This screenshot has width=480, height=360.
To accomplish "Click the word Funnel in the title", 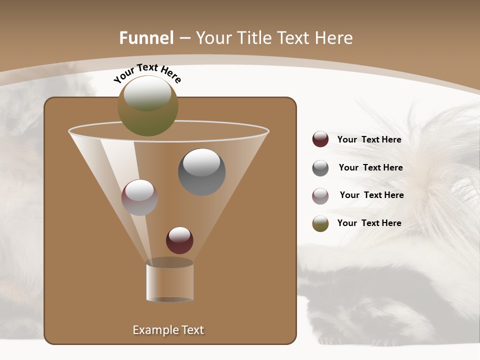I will (x=146, y=38).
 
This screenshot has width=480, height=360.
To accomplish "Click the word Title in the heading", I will (x=254, y=38).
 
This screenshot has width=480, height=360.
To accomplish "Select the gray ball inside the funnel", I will (x=201, y=172).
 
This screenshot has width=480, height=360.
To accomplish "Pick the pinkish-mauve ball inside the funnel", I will (x=139, y=197).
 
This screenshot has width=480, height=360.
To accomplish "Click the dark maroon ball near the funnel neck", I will (x=179, y=240).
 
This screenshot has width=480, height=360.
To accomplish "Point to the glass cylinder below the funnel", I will (x=169, y=282).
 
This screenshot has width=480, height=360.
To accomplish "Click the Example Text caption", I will (x=168, y=330).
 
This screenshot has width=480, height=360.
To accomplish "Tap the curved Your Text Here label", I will (x=147, y=73).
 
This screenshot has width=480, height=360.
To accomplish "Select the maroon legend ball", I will (x=320, y=139).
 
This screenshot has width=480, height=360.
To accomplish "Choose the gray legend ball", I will (x=320, y=167).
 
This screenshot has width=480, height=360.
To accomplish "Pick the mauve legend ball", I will (x=320, y=195).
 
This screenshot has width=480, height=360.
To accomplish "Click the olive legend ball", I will (x=320, y=223).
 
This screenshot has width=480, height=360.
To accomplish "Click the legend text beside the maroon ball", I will (x=369, y=140).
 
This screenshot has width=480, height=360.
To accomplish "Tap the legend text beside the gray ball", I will (x=370, y=168).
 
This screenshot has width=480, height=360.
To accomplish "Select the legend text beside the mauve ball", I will (x=371, y=195).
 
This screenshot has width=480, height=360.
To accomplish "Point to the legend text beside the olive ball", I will (x=369, y=223).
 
